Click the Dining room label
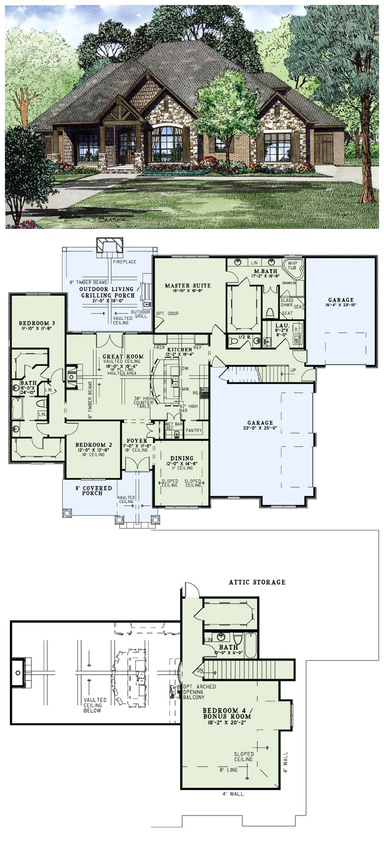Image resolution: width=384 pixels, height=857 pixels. click(x=182, y=458)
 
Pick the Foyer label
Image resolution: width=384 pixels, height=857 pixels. click(x=136, y=441)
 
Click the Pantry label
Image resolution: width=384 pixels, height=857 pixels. click(x=194, y=431)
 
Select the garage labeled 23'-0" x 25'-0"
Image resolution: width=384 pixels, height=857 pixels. click(x=260, y=422)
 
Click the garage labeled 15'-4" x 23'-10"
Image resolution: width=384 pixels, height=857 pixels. click(x=341, y=300)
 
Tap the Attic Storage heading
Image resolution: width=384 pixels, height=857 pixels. click(x=257, y=582)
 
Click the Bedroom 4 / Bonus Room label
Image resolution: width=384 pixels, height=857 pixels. click(x=227, y=713)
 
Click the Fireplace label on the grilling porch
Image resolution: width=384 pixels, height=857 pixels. click(x=125, y=262)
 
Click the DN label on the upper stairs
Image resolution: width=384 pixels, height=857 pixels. click(x=200, y=670)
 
